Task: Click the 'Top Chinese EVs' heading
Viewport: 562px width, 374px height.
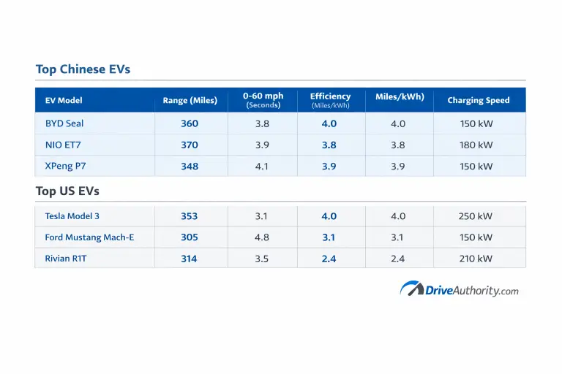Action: click(83, 69)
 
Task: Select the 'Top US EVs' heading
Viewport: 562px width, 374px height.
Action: click(67, 191)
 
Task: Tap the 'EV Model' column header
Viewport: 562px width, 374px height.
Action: click(64, 100)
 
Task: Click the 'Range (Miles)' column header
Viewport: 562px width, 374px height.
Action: click(190, 100)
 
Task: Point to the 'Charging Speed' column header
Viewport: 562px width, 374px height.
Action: click(479, 100)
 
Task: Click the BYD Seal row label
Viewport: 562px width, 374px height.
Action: click(64, 123)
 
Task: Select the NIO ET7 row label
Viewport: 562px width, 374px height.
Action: click(63, 145)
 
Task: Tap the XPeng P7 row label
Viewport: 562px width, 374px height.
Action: click(65, 166)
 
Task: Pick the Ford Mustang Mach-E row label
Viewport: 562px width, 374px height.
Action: click(89, 237)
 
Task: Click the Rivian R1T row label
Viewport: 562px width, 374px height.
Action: click(66, 259)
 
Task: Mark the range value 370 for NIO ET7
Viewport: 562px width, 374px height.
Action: click(190, 145)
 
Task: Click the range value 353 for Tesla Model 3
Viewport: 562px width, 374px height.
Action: click(190, 216)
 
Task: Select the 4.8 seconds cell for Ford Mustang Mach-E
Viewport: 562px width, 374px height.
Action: click(262, 237)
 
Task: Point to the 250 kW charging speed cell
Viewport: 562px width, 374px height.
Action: click(476, 216)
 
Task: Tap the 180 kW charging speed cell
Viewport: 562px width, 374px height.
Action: click(476, 145)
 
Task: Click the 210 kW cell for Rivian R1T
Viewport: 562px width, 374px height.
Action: click(476, 259)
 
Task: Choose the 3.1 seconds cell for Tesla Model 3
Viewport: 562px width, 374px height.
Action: click(262, 216)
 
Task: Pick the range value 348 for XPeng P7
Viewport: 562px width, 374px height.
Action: click(190, 166)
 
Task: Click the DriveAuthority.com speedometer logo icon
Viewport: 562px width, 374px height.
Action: click(412, 289)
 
